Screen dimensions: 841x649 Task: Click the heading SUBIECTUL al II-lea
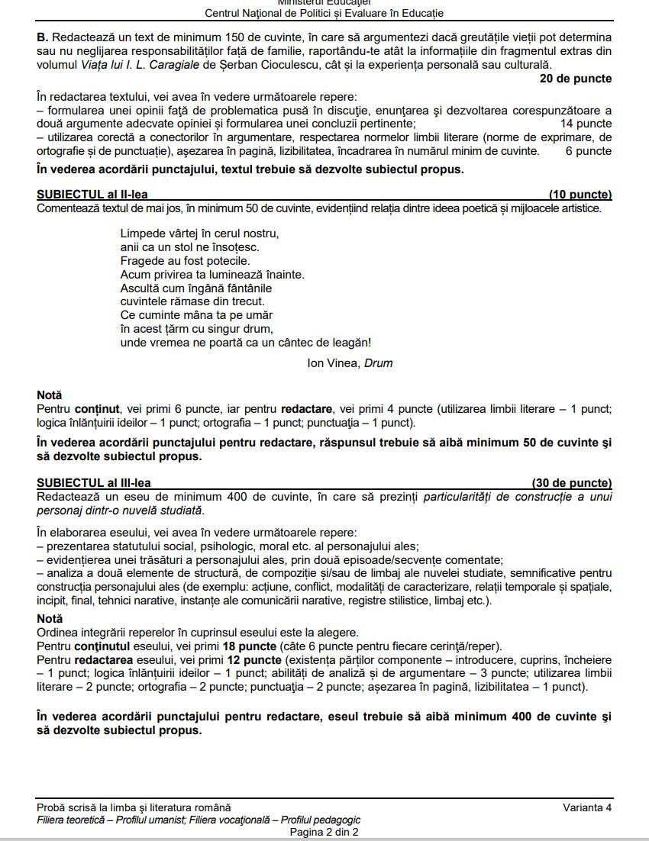(x=92, y=195)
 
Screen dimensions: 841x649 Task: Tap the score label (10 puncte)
(x=580, y=195)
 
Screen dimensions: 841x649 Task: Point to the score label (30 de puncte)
(x=572, y=483)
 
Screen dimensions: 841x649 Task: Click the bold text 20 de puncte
(x=575, y=79)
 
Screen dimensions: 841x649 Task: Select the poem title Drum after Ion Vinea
(x=378, y=363)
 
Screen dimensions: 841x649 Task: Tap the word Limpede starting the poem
(x=141, y=233)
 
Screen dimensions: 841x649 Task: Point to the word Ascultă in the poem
(x=140, y=288)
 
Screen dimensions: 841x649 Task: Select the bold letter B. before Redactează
(x=43, y=37)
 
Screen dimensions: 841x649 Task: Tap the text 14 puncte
(x=586, y=123)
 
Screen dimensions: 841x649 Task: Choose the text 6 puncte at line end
(x=589, y=151)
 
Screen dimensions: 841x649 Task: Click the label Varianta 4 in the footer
(x=587, y=807)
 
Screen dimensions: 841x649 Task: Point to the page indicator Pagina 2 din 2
(x=324, y=832)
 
